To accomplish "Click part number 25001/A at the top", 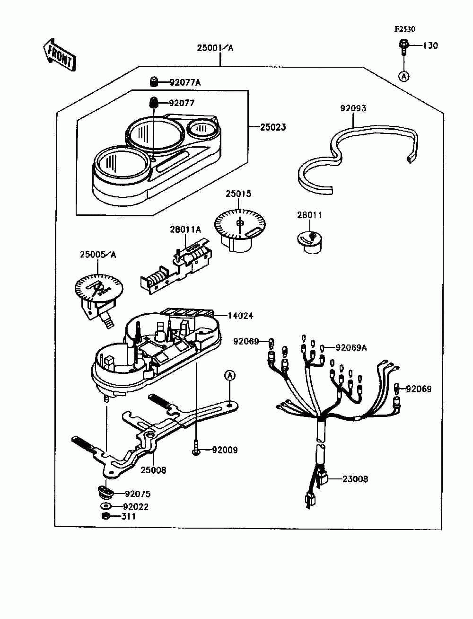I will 215,48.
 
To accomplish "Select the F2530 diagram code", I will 405,29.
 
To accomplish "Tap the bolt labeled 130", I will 403,46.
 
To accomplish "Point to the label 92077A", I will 185,82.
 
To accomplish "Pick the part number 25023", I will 273,127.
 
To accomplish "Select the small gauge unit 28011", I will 310,241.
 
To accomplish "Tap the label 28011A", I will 185,230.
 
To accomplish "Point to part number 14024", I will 241,315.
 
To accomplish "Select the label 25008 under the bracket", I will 153,470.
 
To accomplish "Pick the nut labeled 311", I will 106,516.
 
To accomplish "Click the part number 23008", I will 355,479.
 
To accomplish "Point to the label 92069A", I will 351,348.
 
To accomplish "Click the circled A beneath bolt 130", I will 403,76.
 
